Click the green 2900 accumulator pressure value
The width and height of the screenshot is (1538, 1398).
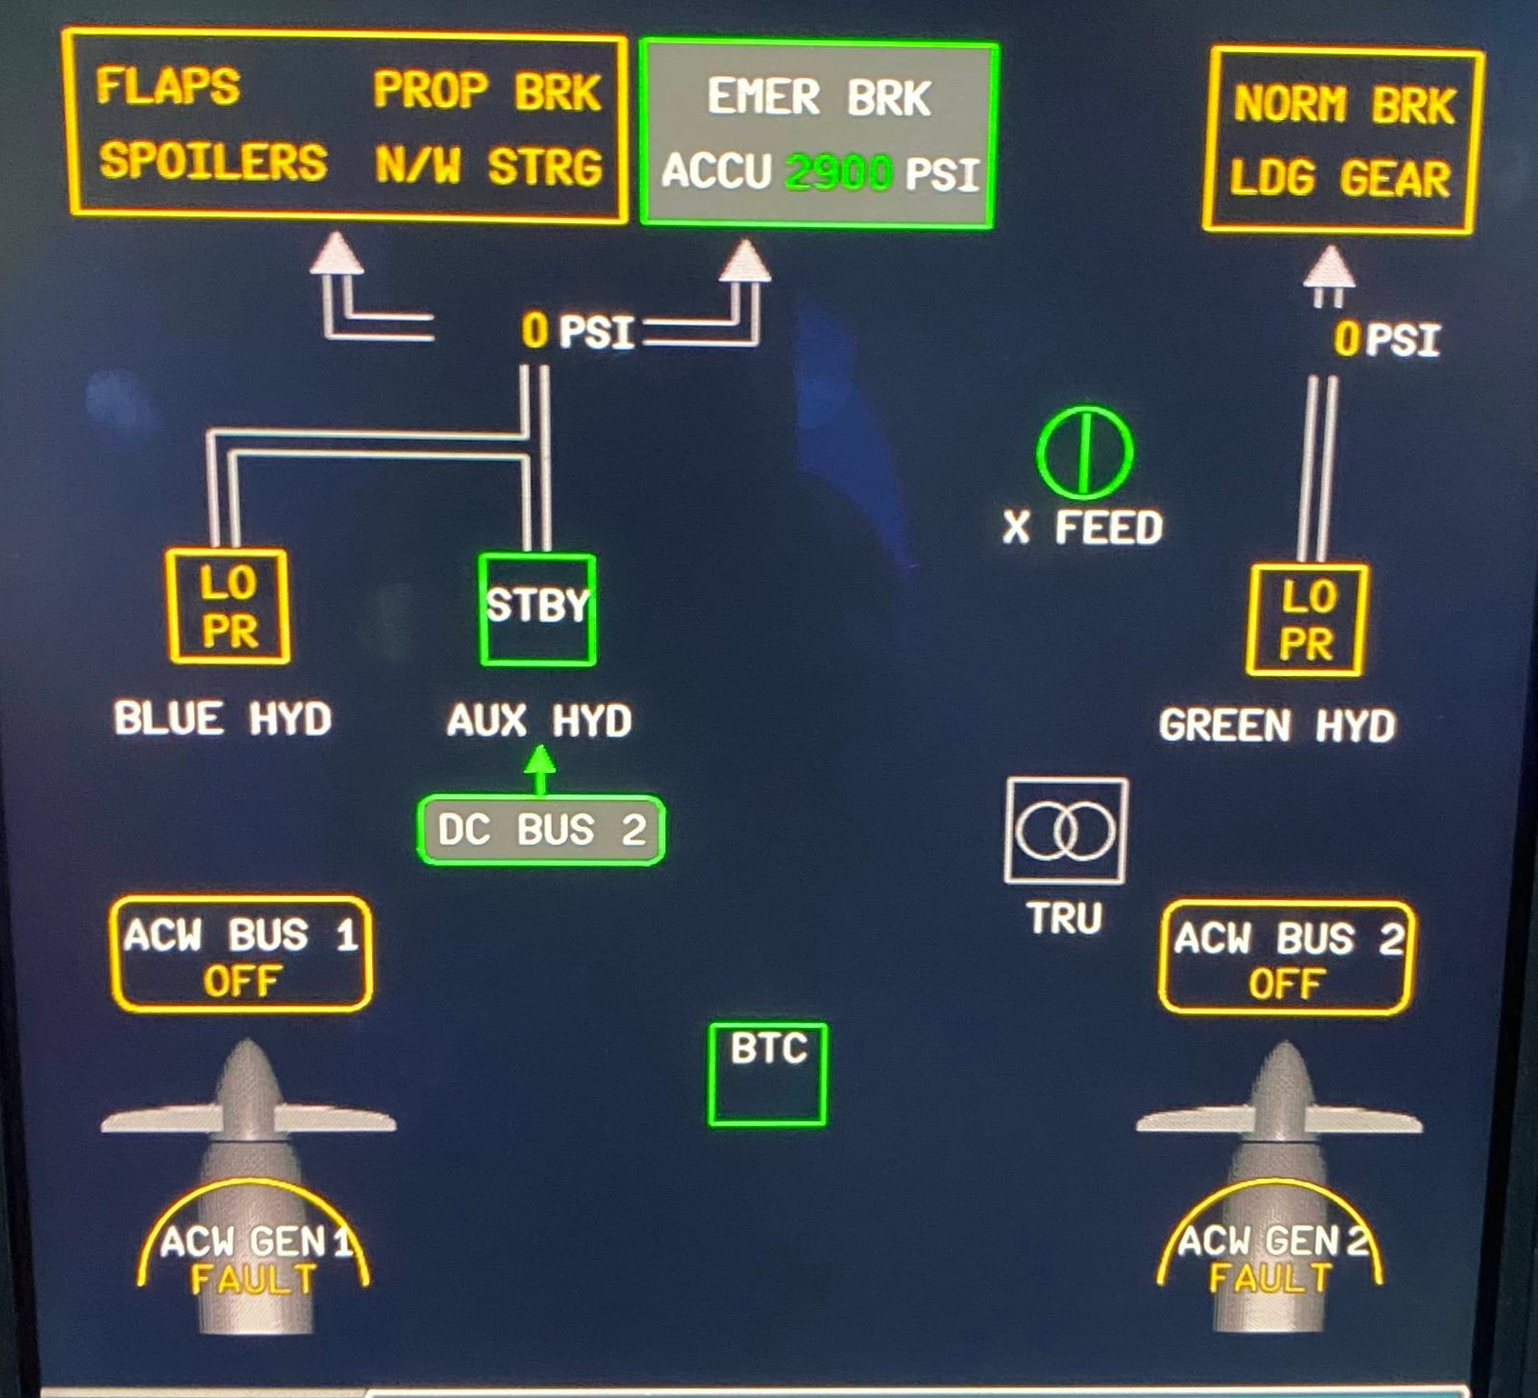[839, 173]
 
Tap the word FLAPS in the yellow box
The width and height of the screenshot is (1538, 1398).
[168, 87]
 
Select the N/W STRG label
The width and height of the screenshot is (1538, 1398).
[488, 166]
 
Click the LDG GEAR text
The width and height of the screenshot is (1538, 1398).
[1340, 180]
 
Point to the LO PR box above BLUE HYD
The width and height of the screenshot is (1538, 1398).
[229, 607]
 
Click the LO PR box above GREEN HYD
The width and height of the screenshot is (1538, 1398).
[1306, 620]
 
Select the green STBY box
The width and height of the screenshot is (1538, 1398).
[537, 609]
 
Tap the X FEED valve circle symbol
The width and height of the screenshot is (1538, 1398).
[1084, 452]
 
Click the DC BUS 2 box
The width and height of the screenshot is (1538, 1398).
[541, 830]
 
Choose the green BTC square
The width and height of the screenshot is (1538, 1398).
[767, 1073]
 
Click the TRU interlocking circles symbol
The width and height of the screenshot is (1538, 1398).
[1066, 831]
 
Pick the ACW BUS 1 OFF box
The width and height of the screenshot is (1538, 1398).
[241, 955]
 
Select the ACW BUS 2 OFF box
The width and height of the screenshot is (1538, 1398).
[1286, 958]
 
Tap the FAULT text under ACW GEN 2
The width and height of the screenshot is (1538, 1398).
[1271, 1279]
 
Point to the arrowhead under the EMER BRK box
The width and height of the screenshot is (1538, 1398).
[746, 262]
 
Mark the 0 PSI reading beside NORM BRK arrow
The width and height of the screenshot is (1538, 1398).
[1386, 339]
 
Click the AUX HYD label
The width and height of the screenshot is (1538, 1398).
[538, 720]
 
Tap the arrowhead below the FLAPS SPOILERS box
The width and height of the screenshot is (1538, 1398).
[336, 254]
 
